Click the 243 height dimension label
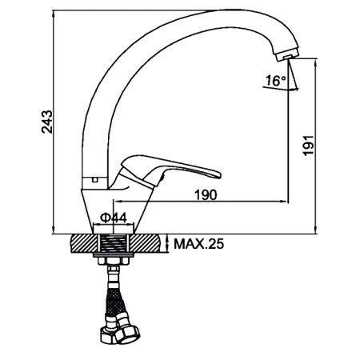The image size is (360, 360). (x=47, y=122)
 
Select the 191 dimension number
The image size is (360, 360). (x=309, y=146)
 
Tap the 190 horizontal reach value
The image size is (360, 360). (x=206, y=195)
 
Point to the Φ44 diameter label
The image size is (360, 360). (x=114, y=218)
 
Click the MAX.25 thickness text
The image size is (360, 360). (x=199, y=244)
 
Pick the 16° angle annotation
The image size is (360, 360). (x=276, y=80)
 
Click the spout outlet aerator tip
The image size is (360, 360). (x=287, y=55)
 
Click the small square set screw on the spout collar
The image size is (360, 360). (x=94, y=179)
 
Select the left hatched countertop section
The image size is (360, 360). (x=83, y=243)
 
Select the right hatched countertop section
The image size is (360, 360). (x=146, y=243)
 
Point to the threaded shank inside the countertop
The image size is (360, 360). (x=114, y=243)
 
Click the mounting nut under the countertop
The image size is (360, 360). (x=114, y=261)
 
